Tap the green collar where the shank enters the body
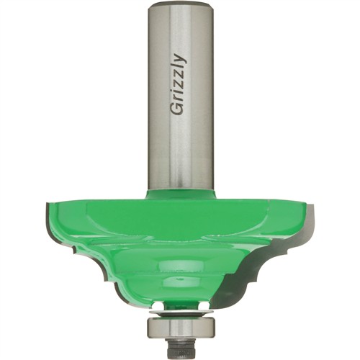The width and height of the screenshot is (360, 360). coord(181,193)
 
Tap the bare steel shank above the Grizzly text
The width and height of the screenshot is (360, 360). coord(181,29)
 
